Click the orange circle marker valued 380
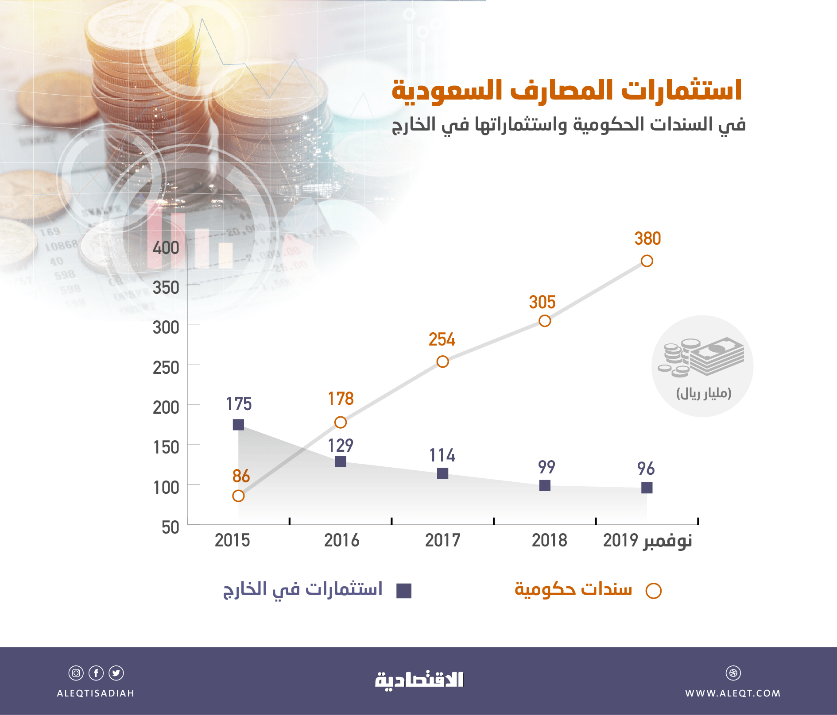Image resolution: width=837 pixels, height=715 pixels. point(647,261)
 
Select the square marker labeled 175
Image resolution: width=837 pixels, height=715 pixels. point(238,425)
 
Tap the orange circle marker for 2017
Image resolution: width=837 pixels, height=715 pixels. point(442,361)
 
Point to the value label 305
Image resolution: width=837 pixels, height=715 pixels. point(542,303)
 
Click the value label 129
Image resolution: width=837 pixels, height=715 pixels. point(340,446)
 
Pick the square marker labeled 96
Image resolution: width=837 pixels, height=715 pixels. point(647,488)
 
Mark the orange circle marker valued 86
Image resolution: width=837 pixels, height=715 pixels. point(238,496)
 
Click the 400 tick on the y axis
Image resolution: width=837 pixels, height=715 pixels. point(166,248)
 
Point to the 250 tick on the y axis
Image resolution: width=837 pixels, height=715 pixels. point(166,368)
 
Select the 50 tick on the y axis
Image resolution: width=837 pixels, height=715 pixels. point(170,527)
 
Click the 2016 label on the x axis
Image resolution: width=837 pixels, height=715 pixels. point(341,541)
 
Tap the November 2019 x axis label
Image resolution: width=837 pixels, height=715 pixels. point(647,541)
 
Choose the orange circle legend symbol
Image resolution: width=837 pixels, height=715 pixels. point(653,591)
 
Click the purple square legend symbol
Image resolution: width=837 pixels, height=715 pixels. point(403,591)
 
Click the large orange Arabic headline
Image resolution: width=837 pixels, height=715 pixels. point(567,91)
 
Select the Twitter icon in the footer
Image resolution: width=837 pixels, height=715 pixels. point(116,673)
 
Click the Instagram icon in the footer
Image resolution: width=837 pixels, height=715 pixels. point(76,673)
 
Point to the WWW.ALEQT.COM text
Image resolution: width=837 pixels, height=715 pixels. point(733,693)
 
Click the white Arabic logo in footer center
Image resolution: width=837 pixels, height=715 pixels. point(419,680)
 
